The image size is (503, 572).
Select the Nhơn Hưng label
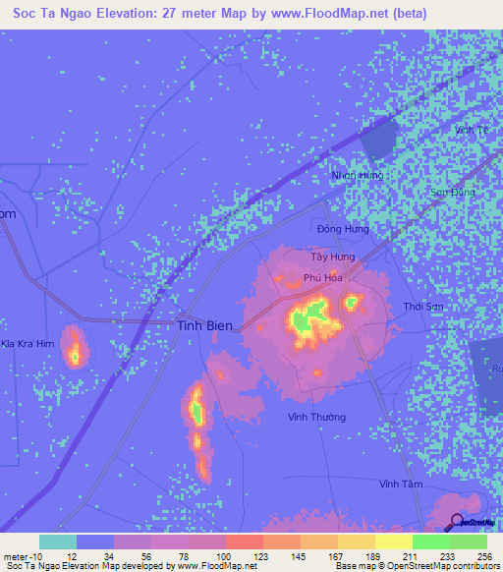(357, 175)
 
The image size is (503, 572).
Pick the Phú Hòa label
(322, 278)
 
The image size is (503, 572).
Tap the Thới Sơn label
(424, 307)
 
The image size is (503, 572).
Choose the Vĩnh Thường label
(316, 417)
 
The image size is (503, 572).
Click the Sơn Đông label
(453, 193)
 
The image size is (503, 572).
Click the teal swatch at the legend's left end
(58, 542)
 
